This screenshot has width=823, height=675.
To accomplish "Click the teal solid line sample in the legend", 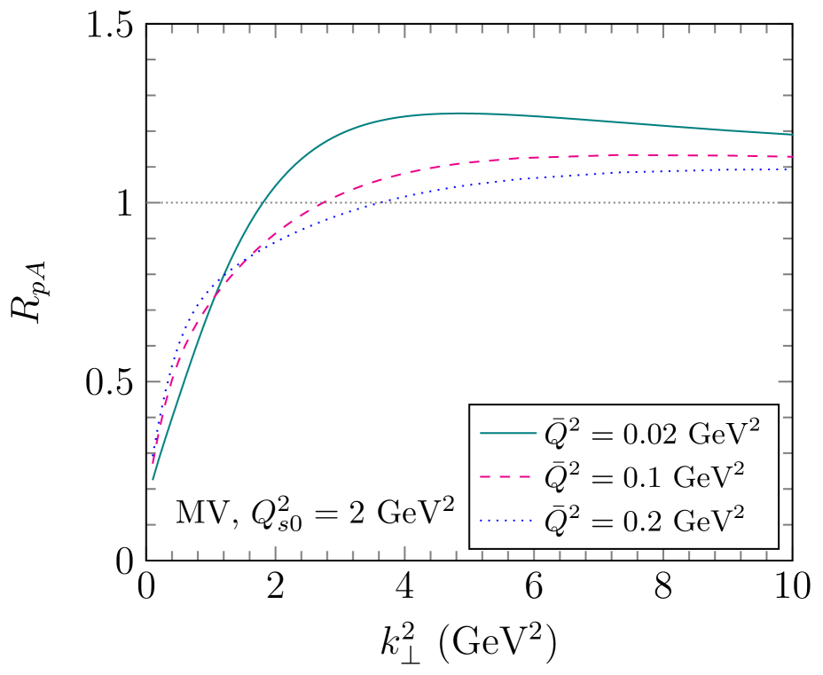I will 508,433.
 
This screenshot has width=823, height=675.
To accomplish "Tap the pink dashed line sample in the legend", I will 508,476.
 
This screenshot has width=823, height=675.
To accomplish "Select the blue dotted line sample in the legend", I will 508,520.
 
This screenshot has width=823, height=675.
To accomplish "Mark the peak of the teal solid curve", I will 459,113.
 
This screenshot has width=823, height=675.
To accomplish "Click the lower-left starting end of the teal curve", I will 153,480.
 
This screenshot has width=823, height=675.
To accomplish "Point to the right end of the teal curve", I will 791,134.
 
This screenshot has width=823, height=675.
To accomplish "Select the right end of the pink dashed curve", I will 791,157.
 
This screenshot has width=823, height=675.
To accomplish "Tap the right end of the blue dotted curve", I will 791,169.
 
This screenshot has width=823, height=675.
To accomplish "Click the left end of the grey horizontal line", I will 146,202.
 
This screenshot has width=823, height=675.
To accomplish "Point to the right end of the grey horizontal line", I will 791,202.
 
